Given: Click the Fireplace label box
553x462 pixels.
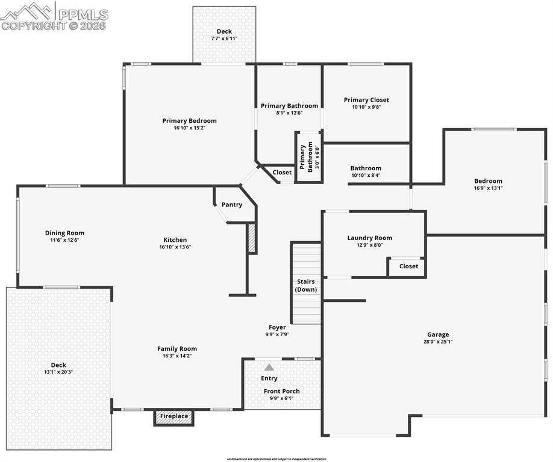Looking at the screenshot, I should click(174, 416).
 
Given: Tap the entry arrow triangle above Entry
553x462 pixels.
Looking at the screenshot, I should click(269, 367).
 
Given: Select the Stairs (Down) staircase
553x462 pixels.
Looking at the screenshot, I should click(306, 283).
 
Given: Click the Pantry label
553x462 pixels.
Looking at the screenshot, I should click(232, 205).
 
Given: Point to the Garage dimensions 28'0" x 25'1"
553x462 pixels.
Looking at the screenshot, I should click(438, 342).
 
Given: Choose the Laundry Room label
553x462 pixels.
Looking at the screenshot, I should click(369, 238).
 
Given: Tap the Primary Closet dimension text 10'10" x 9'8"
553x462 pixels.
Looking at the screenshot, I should click(366, 107).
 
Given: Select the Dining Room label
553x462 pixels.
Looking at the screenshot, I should click(64, 233).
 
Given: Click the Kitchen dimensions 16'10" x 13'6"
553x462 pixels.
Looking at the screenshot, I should click(175, 247).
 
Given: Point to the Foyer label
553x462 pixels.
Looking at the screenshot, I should click(277, 327).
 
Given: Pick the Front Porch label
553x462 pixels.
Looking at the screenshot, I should click(281, 391).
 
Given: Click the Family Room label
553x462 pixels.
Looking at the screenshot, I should click(177, 348).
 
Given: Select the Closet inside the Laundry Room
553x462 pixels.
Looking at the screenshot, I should click(408, 266).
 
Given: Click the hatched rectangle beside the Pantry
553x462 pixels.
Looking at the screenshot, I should click(252, 238).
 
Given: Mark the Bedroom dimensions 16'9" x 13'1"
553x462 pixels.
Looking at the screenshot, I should click(488, 188).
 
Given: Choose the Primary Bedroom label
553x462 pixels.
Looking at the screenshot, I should click(189, 120).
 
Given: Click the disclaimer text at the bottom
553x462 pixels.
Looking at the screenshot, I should click(276, 459).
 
